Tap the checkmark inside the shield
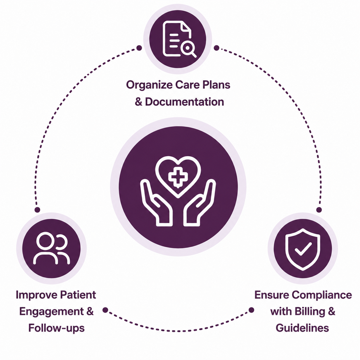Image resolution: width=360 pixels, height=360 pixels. point(303,249)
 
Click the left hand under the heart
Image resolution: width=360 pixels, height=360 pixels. point(156,203)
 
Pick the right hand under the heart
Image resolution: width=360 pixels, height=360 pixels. point(200,203)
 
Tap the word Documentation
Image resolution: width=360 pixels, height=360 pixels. point(184,102)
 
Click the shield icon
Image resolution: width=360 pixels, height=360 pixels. point(303,249)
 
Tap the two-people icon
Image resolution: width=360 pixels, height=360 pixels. point(52,248)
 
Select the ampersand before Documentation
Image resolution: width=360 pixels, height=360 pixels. point(138,102)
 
